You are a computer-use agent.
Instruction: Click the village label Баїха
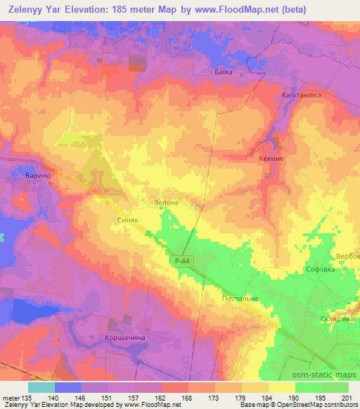tap(221, 72)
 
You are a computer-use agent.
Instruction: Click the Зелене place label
tap(167, 202)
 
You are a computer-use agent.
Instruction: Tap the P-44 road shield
tap(181, 261)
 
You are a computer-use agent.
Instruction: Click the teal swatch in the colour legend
tap(41, 387)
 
